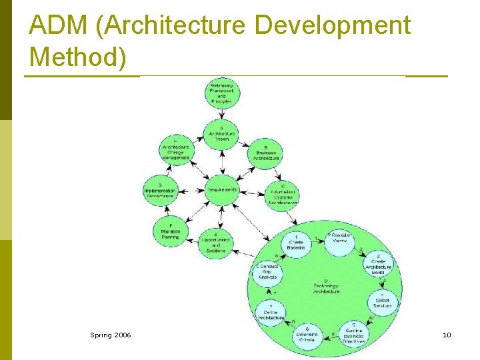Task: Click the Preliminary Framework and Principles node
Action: (221, 95)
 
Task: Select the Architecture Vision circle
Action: (221, 134)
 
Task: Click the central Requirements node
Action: (221, 190)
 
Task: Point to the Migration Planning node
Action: (171, 231)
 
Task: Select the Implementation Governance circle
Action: (160, 190)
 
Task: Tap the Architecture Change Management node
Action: (175, 151)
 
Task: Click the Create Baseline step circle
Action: (295, 243)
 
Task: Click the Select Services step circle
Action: (382, 303)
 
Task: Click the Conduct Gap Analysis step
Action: (268, 273)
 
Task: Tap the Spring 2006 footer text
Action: (111, 335)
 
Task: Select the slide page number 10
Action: (447, 335)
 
